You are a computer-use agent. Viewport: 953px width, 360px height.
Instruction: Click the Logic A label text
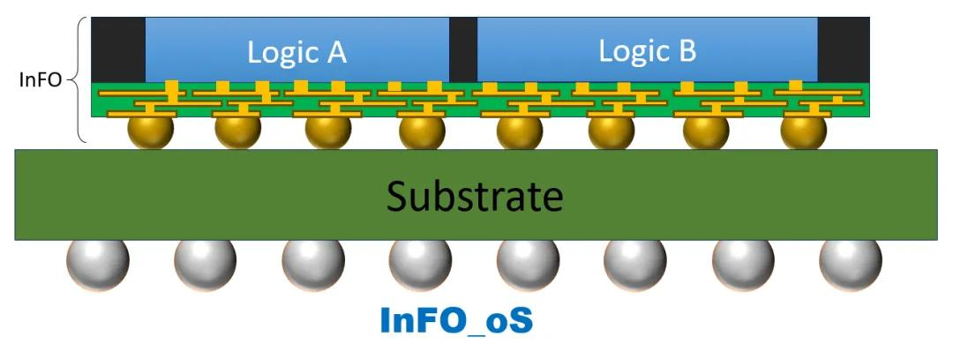tap(296, 53)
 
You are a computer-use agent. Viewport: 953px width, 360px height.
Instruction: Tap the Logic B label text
tap(647, 51)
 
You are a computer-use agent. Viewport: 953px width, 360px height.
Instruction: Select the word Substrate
tap(476, 196)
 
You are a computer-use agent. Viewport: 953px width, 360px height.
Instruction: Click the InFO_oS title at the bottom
tap(456, 320)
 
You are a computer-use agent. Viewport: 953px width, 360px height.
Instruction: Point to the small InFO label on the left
tap(40, 80)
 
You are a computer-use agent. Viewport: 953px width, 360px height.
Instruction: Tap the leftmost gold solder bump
tap(150, 132)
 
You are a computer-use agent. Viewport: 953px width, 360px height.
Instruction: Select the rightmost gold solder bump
tap(803, 132)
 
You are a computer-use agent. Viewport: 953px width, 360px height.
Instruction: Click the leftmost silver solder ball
tap(97, 262)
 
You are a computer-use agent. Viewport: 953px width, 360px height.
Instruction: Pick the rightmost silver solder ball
tap(850, 262)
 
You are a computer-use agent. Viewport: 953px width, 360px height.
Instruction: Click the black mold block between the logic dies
tap(462, 49)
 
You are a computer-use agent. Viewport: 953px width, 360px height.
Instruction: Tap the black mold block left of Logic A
tap(118, 49)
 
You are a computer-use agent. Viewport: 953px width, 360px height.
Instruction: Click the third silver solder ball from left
tap(312, 262)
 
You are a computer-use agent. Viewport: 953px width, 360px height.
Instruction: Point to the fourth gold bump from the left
tap(421, 132)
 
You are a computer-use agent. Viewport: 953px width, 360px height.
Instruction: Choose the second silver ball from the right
tap(743, 262)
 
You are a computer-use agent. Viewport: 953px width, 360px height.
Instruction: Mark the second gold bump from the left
tap(237, 132)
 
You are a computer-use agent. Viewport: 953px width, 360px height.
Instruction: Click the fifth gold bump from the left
tap(519, 132)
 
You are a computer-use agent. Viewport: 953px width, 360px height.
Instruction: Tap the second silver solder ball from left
tap(205, 262)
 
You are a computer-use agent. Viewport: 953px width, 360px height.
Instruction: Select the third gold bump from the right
tap(612, 132)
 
